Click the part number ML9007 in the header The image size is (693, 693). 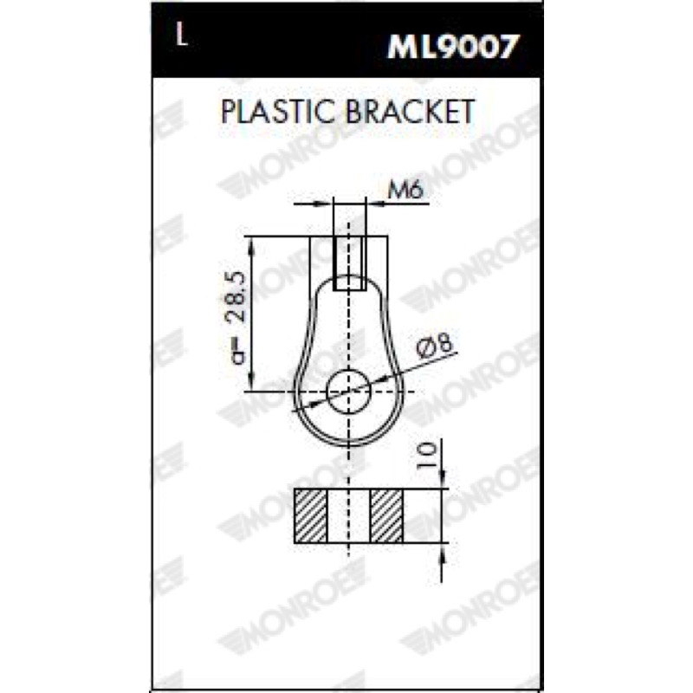pyautogui.click(x=451, y=47)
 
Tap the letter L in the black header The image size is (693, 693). pyautogui.click(x=182, y=35)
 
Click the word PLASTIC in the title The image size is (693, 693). pyautogui.click(x=277, y=112)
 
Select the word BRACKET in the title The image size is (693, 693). pyautogui.click(x=410, y=112)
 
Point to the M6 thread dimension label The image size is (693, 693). pyautogui.click(x=405, y=191)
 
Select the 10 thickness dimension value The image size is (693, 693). pyautogui.click(x=428, y=456)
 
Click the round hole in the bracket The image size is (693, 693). pyautogui.click(x=349, y=392)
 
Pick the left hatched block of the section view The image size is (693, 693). pyautogui.click(x=311, y=515)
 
